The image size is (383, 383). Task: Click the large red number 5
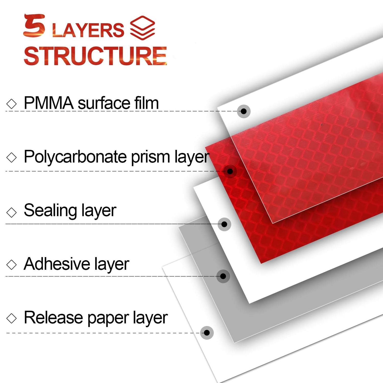[x=34, y=25]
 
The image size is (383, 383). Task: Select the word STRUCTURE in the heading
[x=95, y=56]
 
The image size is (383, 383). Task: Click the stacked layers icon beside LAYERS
[x=142, y=28]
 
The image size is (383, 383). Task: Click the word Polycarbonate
[x=75, y=157]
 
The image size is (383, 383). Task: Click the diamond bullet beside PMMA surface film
[x=11, y=104]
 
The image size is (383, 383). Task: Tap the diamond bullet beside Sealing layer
[x=11, y=212]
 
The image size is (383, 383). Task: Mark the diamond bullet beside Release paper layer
[x=11, y=318]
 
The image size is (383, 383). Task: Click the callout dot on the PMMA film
[x=244, y=111]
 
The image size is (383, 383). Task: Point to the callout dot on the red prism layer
[x=230, y=171]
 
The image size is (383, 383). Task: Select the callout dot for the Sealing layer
[x=224, y=224]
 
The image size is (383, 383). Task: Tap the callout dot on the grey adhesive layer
[x=223, y=276]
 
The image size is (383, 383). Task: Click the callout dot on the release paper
[x=207, y=333]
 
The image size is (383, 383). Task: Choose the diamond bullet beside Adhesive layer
[x=11, y=265]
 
